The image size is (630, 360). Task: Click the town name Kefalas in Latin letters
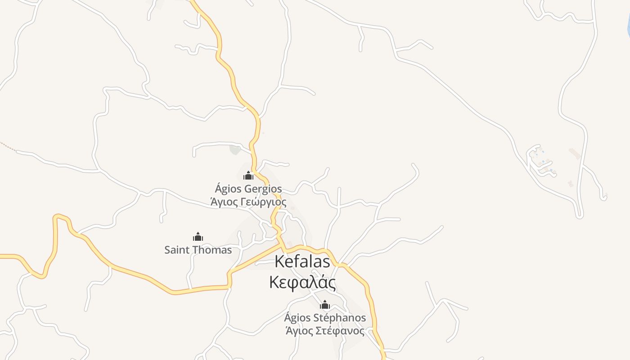[302, 261]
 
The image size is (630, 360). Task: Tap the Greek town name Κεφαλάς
[302, 283]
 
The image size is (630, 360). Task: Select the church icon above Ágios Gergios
[248, 175]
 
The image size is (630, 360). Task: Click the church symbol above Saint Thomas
[198, 237]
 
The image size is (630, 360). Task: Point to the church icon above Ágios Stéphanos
[325, 305]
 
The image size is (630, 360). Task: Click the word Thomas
[214, 250]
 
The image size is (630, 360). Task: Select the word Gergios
[263, 189]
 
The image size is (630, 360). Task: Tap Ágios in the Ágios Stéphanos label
[297, 318]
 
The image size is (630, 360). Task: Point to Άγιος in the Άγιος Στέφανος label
[298, 331]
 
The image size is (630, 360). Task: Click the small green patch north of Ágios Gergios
[235, 149]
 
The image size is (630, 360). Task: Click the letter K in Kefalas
[279, 261]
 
